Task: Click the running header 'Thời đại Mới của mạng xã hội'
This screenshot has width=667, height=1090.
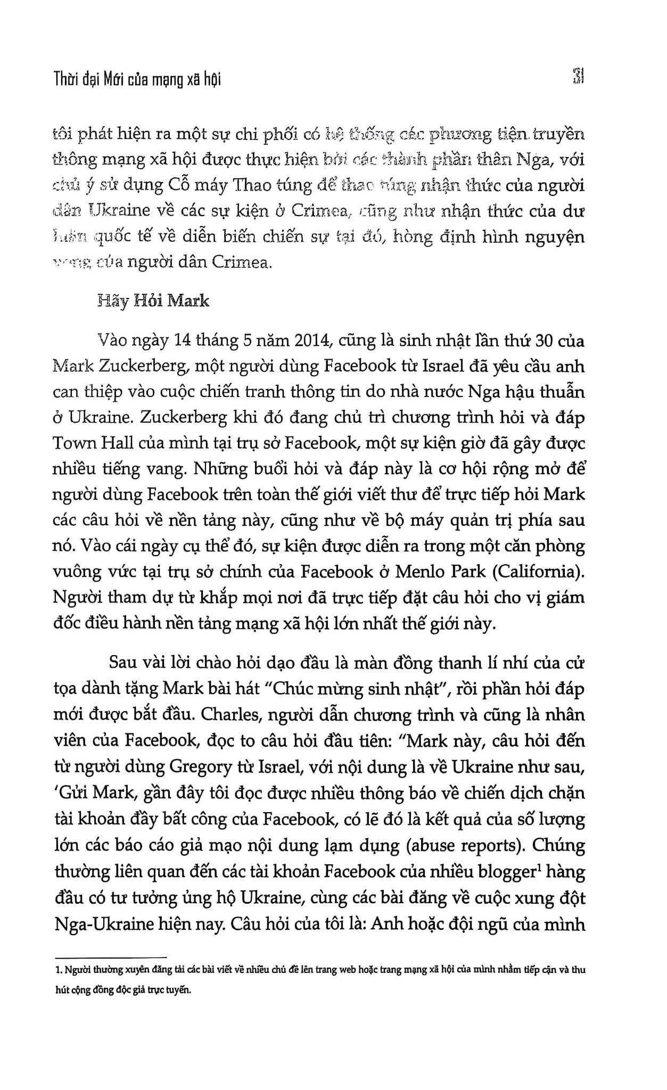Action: coord(137,79)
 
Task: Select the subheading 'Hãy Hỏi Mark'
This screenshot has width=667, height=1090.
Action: coord(154,301)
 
